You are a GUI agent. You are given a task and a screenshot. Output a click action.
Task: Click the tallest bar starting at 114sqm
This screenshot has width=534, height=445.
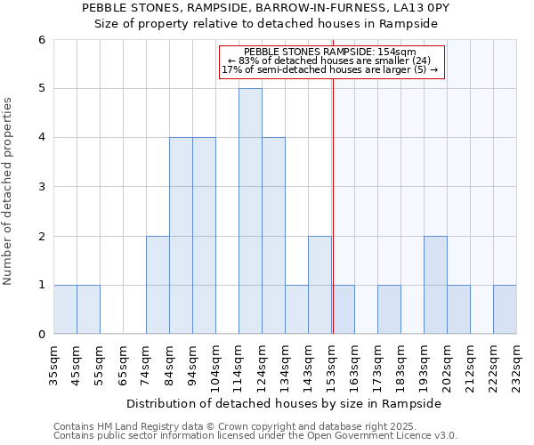(x=250, y=211)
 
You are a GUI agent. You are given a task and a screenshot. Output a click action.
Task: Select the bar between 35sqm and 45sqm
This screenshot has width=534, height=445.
(x=65, y=310)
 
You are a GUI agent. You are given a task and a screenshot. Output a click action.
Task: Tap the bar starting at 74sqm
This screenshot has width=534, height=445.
(x=158, y=285)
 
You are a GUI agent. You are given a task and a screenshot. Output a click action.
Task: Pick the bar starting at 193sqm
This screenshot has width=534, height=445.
(x=435, y=285)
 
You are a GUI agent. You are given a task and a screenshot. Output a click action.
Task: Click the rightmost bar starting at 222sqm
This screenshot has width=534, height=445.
(x=505, y=310)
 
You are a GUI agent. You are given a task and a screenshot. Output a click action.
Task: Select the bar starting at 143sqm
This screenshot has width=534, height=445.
(x=320, y=285)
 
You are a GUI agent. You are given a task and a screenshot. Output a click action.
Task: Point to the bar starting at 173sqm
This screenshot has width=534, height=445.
(x=389, y=310)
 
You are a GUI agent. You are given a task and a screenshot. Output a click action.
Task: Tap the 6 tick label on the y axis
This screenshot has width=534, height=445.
(x=41, y=40)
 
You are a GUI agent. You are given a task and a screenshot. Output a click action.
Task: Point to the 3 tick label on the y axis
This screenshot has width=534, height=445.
(x=41, y=187)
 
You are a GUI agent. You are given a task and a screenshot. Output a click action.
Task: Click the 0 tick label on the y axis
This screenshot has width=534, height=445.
(x=41, y=335)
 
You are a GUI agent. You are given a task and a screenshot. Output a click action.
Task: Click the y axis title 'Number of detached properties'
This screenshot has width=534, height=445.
(x=9, y=192)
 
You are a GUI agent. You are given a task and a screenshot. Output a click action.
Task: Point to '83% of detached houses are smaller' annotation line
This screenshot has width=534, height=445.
(x=329, y=61)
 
